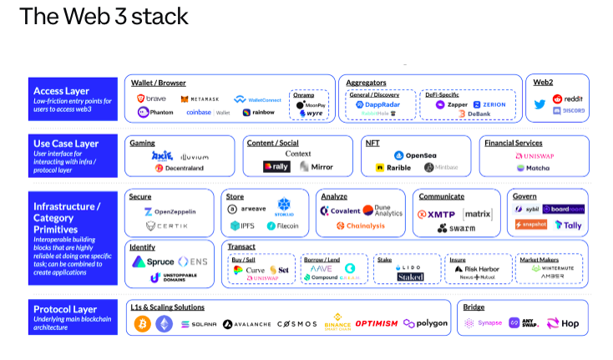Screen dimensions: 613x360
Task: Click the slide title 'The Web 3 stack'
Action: click(104, 16)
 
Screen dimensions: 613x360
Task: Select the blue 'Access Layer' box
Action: click(72, 99)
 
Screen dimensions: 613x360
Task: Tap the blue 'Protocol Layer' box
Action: click(72, 317)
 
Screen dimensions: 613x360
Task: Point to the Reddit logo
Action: click(567, 99)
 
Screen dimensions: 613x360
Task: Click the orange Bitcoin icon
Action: click(142, 323)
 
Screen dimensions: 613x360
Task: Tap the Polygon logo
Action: click(425, 323)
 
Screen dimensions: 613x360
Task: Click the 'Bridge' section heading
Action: click(474, 307)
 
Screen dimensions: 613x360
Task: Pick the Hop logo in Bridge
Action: click(563, 323)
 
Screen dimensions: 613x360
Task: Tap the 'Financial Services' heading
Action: click(513, 143)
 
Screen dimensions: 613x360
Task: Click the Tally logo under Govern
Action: click(569, 225)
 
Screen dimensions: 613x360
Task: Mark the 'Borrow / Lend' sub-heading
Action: click(321, 259)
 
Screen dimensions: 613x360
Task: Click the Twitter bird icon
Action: click(540, 105)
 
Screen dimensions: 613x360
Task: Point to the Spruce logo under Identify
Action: click(154, 261)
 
